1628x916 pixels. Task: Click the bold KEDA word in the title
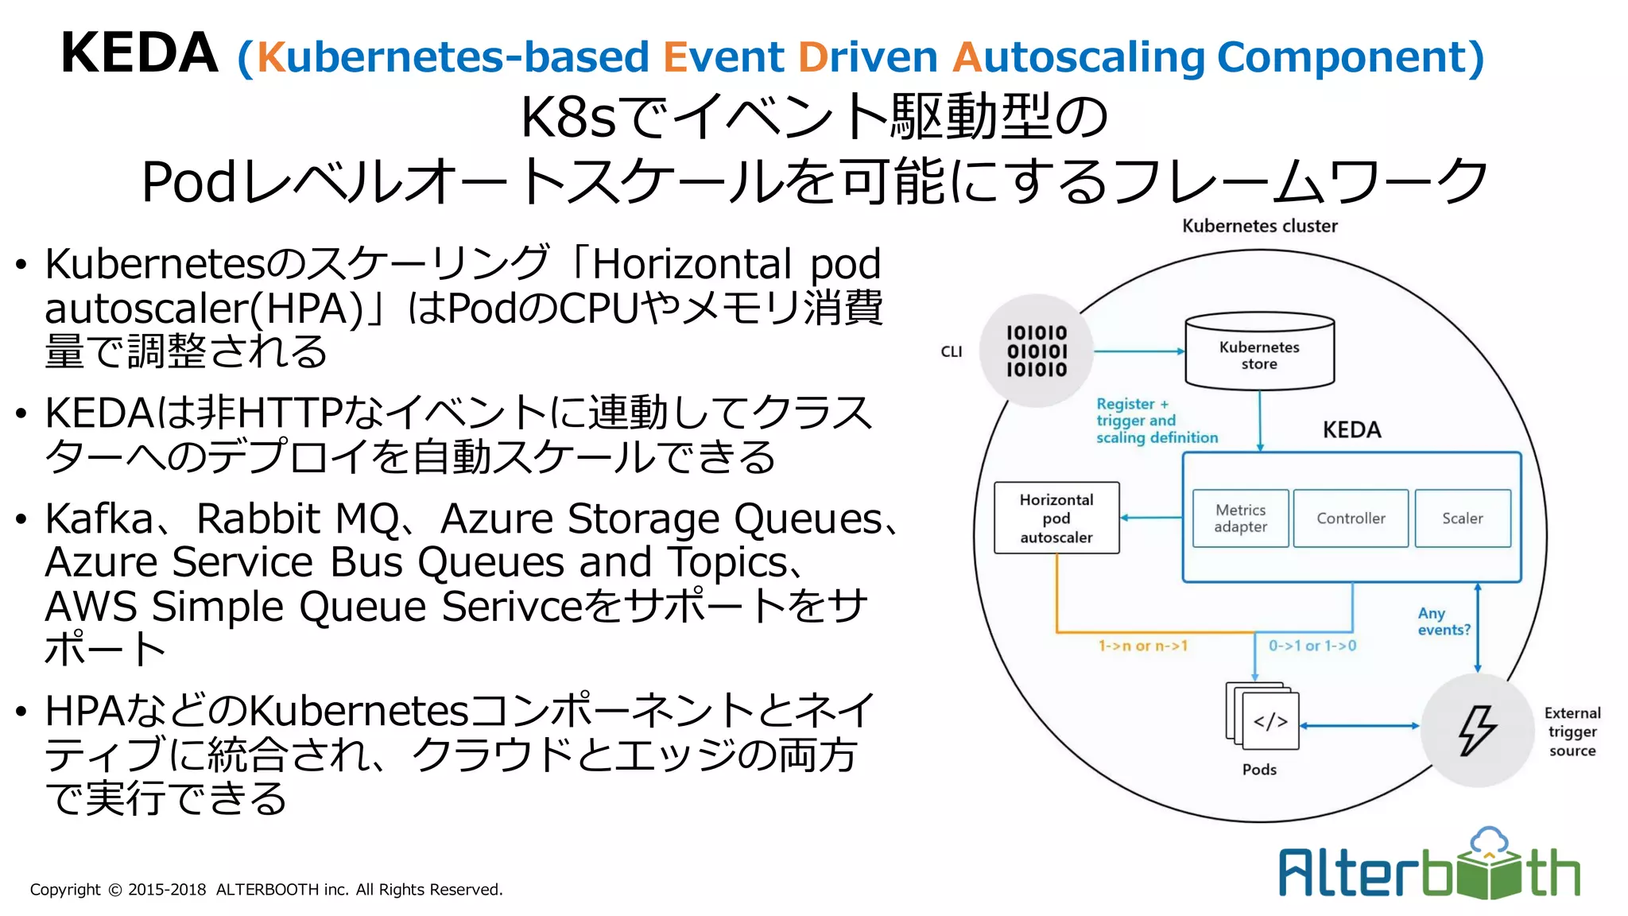pos(139,53)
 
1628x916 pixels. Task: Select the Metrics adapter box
pos(1240,518)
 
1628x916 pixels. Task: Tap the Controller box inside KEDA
pos(1351,518)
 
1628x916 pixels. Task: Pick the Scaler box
pos(1463,518)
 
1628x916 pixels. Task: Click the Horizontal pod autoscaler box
pos(1056,518)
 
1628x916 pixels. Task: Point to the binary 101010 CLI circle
pos(1037,351)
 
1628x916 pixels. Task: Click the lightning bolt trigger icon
pos(1477,730)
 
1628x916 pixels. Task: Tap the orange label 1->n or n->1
pos(1142,646)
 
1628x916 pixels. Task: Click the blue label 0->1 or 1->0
pos(1312,646)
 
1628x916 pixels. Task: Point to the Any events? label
pos(1444,621)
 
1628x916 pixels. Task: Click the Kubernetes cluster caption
pos(1259,226)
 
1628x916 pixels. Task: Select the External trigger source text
pos(1572,732)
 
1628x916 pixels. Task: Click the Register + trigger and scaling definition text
pos(1156,421)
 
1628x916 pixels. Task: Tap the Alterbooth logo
pos(1429,867)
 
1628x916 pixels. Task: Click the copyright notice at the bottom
pos(266,890)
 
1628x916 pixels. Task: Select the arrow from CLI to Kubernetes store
pos(1138,351)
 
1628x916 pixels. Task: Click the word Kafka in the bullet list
pos(99,519)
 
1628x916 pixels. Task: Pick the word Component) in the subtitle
pos(1350,57)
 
